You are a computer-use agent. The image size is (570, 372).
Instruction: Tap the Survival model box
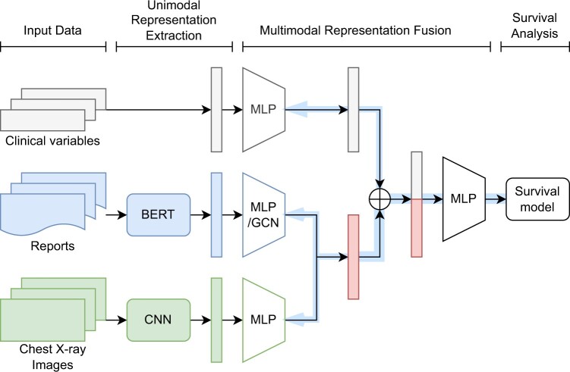click(x=534, y=199)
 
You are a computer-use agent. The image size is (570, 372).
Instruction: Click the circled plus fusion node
click(x=378, y=199)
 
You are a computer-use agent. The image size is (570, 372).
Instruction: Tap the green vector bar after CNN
click(x=216, y=311)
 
